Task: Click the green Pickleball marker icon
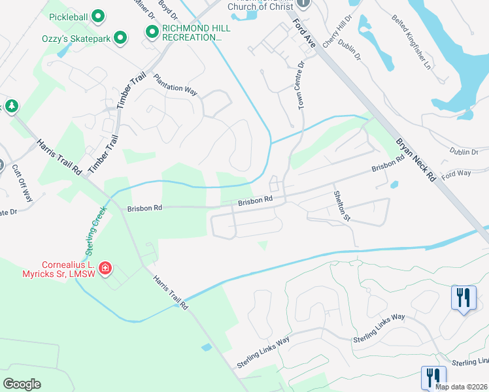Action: (98, 15)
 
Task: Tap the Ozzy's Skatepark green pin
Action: (120, 39)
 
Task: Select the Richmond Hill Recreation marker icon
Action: (152, 31)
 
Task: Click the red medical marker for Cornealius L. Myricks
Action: (105, 268)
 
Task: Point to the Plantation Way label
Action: (175, 85)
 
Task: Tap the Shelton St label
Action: (342, 206)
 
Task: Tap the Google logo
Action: (22, 384)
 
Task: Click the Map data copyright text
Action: (461, 387)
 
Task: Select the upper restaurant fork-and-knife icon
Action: (464, 298)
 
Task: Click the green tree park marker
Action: (11, 106)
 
